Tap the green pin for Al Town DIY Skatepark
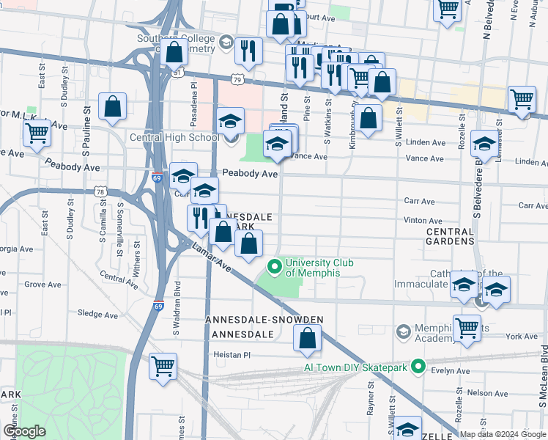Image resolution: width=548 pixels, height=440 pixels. click(418, 365)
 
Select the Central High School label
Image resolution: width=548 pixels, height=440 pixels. click(174, 137)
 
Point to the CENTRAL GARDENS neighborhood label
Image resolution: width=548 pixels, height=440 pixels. click(450, 236)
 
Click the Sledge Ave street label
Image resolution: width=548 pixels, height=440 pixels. click(98, 315)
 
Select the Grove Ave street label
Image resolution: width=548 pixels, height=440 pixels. click(42, 284)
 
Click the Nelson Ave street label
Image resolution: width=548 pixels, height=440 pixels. click(491, 393)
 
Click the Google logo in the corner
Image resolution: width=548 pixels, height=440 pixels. click(24, 431)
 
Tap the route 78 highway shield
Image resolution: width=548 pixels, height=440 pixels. click(100, 191)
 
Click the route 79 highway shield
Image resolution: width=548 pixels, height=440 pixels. click(237, 78)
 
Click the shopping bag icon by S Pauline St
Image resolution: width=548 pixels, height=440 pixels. click(113, 106)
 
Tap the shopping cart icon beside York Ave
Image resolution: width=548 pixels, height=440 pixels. click(467, 329)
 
